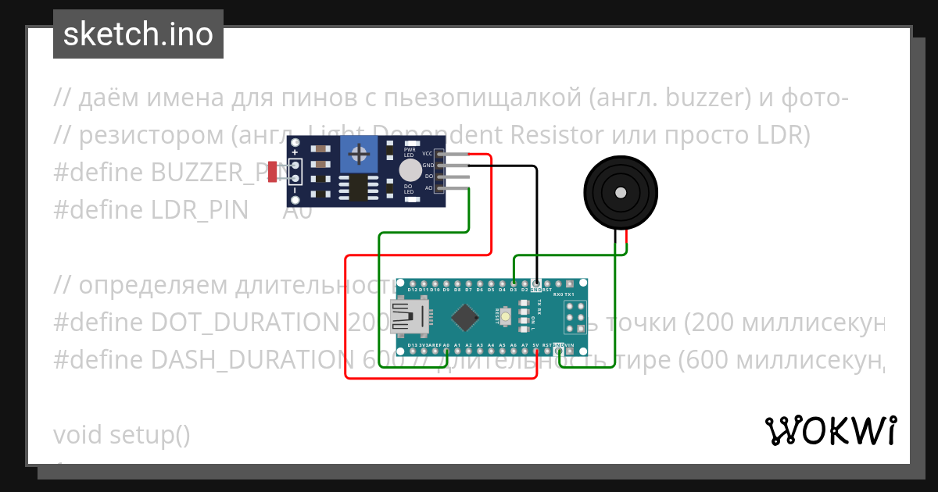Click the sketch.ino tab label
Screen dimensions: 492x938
[138, 34]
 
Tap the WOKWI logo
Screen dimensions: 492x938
[830, 430]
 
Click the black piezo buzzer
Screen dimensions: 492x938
[620, 192]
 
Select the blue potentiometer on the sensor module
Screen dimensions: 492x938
[359, 154]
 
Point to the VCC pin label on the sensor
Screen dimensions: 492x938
[428, 154]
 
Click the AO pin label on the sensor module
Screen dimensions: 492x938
[428, 188]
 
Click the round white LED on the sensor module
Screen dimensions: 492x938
[409, 170]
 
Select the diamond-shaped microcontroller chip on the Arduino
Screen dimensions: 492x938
[466, 316]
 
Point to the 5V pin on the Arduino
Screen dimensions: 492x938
[535, 345]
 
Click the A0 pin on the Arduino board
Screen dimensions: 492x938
[446, 345]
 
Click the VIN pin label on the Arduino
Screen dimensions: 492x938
[569, 345]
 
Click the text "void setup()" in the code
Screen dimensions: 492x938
[122, 434]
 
